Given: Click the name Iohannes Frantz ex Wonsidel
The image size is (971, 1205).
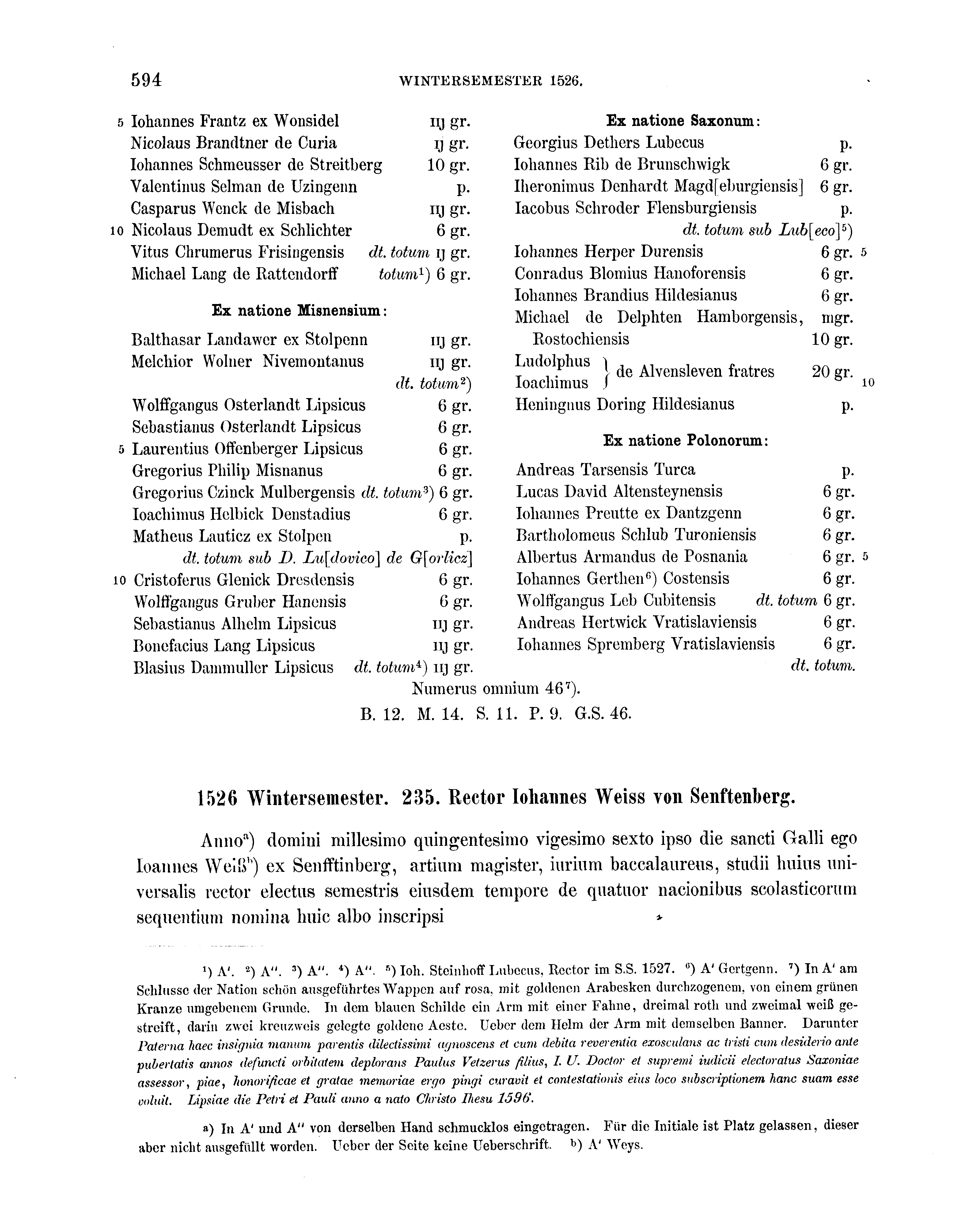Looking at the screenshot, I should pyautogui.click(x=235, y=121).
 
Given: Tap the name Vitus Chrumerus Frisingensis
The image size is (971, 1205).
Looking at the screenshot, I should pyautogui.click(x=238, y=252).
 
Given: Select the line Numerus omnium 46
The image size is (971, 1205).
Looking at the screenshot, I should pyautogui.click(x=492, y=689).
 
